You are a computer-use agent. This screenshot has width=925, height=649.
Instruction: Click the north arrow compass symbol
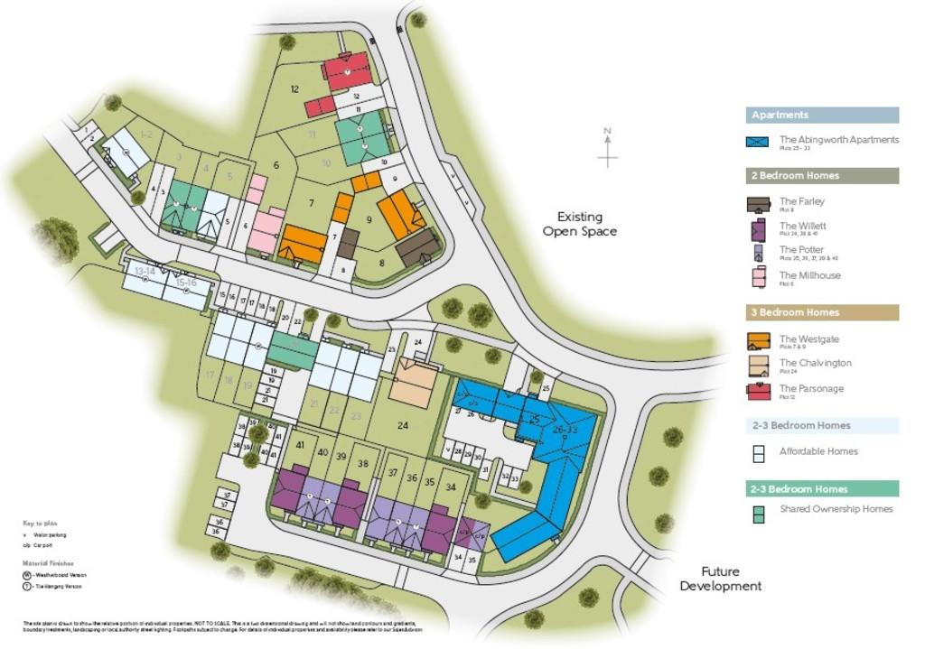pyautogui.click(x=608, y=148)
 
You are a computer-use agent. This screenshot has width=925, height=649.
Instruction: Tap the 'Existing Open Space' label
pyautogui.click(x=579, y=224)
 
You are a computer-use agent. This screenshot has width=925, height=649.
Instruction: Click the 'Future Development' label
pyautogui.click(x=720, y=579)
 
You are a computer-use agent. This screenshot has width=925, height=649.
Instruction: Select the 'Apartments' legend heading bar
pyautogui.click(x=822, y=116)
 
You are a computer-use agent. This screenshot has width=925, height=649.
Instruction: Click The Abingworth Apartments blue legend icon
pyautogui.click(x=757, y=142)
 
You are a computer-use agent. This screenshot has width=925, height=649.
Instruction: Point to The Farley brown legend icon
pyautogui.click(x=758, y=204)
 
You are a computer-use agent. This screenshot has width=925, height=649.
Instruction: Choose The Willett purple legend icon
pyautogui.click(x=758, y=229)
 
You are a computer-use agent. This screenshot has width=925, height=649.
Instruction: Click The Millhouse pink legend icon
pyautogui.click(x=758, y=277)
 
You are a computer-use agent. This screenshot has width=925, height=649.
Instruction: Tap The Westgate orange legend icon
pyautogui.click(x=758, y=341)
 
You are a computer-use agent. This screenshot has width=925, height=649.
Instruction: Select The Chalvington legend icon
pyautogui.click(x=758, y=365)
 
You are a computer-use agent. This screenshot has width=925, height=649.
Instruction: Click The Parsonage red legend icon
pyautogui.click(x=758, y=390)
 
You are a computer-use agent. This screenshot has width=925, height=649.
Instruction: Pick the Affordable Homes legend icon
pyautogui.click(x=759, y=453)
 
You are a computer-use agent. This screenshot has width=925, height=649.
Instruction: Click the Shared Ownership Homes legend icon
pyautogui.click(x=759, y=511)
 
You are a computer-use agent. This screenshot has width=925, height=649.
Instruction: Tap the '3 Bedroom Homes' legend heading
pyautogui.click(x=822, y=312)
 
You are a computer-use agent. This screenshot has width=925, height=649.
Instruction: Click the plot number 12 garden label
pyautogui.click(x=294, y=89)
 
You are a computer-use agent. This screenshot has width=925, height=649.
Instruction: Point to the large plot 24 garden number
pyautogui.click(x=402, y=425)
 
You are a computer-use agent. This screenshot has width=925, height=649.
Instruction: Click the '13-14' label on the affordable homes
pyautogui.click(x=145, y=271)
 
